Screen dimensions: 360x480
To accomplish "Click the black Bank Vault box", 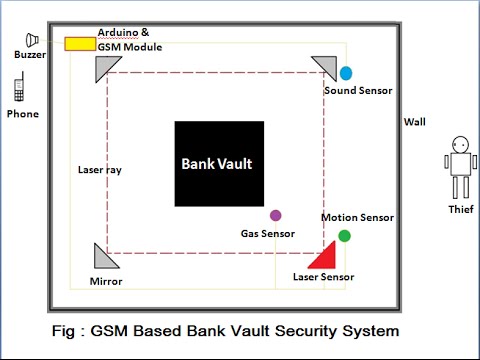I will click(x=220, y=164).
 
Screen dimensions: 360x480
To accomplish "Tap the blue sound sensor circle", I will click(x=346, y=73).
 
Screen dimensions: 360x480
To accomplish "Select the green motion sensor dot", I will click(x=344, y=236).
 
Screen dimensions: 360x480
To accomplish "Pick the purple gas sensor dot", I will click(x=275, y=215).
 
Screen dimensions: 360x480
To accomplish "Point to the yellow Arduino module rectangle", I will click(x=79, y=44).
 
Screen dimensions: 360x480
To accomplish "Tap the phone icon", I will click(x=18, y=91).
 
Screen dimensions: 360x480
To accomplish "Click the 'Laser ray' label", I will click(x=100, y=170).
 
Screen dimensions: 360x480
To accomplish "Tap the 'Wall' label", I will click(x=414, y=122).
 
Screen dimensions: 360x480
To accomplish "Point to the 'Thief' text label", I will click(x=460, y=209).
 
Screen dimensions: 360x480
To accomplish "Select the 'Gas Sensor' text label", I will click(x=267, y=234).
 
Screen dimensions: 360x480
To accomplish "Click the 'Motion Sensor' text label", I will click(x=357, y=217).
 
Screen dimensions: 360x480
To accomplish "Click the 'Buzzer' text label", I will click(x=30, y=57).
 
